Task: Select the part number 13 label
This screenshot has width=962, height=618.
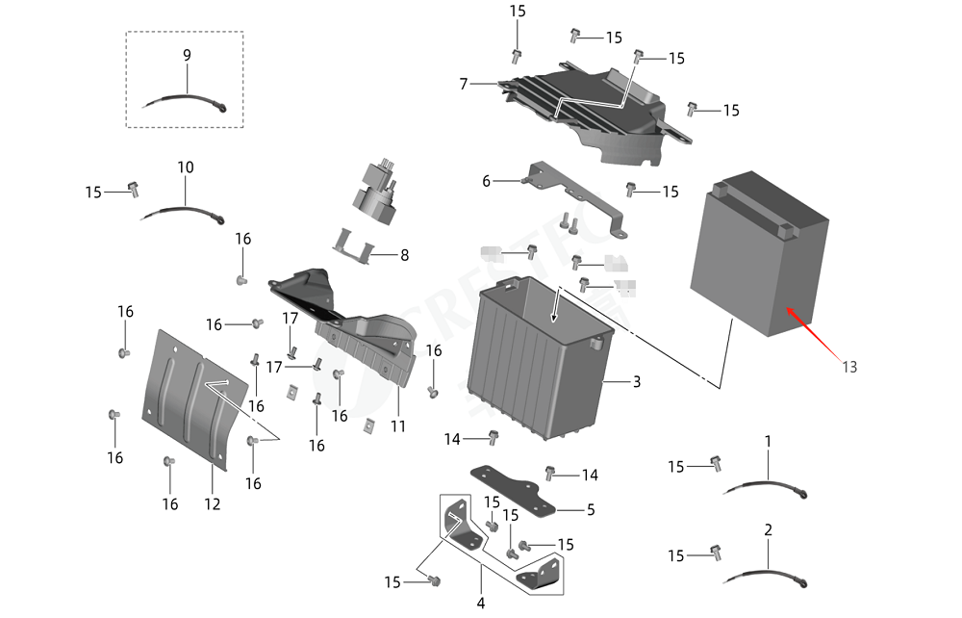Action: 848,367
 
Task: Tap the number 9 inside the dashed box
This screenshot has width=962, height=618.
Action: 187,56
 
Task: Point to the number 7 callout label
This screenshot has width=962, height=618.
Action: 464,85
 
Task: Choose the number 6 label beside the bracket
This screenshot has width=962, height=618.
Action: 486,181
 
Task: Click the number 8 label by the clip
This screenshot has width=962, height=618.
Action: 404,256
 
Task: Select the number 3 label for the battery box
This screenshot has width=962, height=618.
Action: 636,382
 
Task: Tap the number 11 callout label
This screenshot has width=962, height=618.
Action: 397,425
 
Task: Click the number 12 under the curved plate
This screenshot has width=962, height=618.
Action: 213,503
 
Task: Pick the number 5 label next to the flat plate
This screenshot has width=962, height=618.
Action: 591,509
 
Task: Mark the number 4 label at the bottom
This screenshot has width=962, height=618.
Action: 480,604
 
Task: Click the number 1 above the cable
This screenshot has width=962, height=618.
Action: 768,441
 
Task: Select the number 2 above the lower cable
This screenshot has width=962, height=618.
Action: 768,530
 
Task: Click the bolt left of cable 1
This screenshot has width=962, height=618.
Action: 715,464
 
